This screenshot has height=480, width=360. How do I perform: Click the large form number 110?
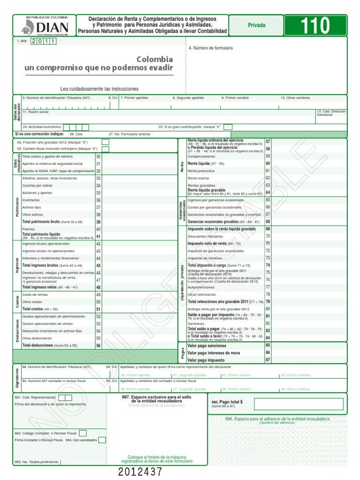tap(316, 26)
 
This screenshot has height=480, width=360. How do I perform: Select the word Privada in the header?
tap(256, 25)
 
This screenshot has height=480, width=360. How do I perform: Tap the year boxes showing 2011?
tap(44, 42)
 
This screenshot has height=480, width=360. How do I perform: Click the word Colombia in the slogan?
tap(155, 60)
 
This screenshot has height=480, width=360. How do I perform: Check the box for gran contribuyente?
tap(228, 127)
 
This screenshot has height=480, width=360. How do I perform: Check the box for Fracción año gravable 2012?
tap(105, 142)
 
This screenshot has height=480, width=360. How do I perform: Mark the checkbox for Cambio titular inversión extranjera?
tap(105, 149)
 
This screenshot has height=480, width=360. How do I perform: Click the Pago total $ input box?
tap(298, 404)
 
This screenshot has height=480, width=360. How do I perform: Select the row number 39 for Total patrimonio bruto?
tap(98, 222)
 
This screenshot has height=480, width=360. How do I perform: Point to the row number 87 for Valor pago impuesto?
tap(268, 360)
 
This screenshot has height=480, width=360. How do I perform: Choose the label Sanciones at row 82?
tap(196, 323)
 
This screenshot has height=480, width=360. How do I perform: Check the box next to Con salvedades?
tap(102, 440)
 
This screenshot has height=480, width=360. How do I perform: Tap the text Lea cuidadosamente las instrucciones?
tap(99, 89)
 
